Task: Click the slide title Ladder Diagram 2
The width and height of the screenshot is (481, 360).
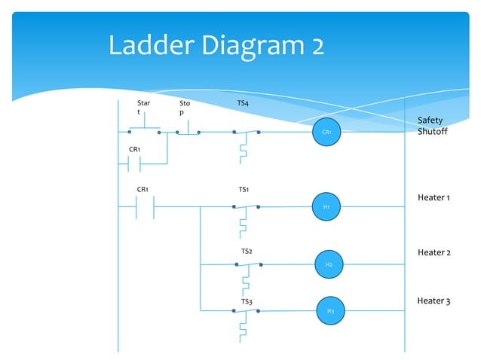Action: pos(216,46)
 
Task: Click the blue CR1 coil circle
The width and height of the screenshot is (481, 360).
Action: pos(326,132)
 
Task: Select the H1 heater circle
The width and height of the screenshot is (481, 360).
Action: pos(326,206)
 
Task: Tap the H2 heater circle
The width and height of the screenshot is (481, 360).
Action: pos(329,264)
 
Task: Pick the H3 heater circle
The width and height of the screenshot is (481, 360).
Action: pos(330,310)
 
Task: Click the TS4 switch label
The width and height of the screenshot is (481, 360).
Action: pos(243,102)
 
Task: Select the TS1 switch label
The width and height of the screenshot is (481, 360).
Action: pos(244,190)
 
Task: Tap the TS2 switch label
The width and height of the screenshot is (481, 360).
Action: pos(247,251)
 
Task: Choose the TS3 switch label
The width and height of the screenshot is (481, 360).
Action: pos(246,301)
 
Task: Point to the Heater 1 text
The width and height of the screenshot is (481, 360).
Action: pos(434,197)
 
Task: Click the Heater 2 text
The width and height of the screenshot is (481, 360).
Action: pos(434,252)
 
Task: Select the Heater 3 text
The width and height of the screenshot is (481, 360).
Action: pos(434,301)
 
